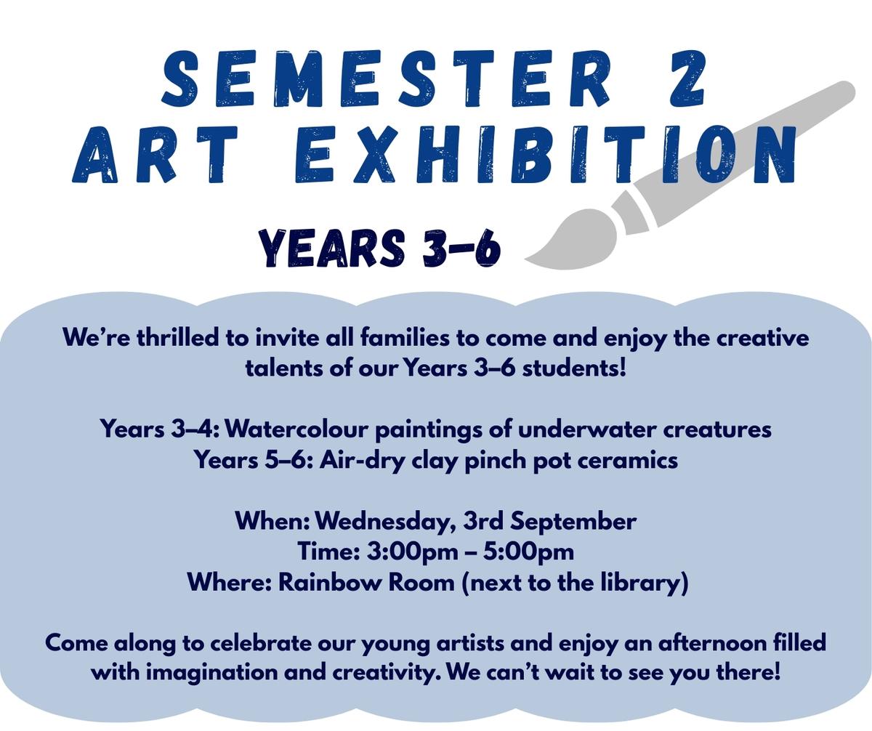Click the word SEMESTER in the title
click(384, 78)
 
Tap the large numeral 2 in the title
click(687, 78)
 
